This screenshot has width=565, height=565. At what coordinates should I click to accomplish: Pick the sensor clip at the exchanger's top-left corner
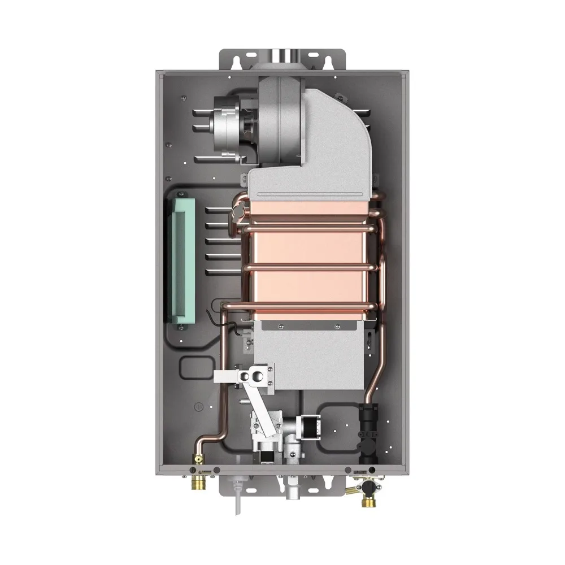pos(238,212)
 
